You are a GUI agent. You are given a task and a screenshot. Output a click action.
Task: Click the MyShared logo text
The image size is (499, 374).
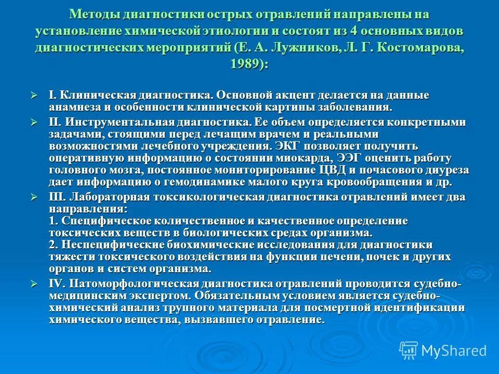click(x=454, y=350)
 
